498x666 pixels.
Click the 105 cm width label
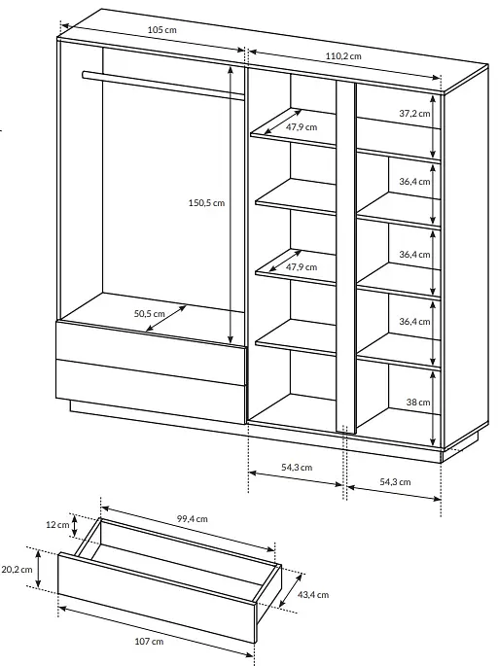click(x=161, y=30)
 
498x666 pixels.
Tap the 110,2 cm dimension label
click(x=343, y=56)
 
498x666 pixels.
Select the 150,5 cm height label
click(x=206, y=203)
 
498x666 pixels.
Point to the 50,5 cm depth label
click(x=149, y=314)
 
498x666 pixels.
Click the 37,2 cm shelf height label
click(x=414, y=114)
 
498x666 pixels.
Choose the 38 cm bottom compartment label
click(x=418, y=403)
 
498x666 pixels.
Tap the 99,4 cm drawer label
click(x=192, y=519)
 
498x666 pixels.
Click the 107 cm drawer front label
click(x=149, y=642)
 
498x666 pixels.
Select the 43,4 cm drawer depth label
click(x=313, y=595)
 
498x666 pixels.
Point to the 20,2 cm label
click(x=17, y=570)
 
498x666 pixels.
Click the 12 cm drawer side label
click(x=57, y=525)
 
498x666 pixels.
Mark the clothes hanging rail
click(x=163, y=86)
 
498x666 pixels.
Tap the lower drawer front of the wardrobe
click(x=151, y=392)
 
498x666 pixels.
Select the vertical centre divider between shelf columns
click(x=345, y=256)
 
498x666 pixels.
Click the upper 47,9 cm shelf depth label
click(x=302, y=127)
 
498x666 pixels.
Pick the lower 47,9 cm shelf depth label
click(x=302, y=267)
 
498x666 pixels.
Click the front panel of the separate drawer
click(x=157, y=598)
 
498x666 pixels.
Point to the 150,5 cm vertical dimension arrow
click(x=231, y=205)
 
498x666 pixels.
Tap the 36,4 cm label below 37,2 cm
click(x=414, y=182)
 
